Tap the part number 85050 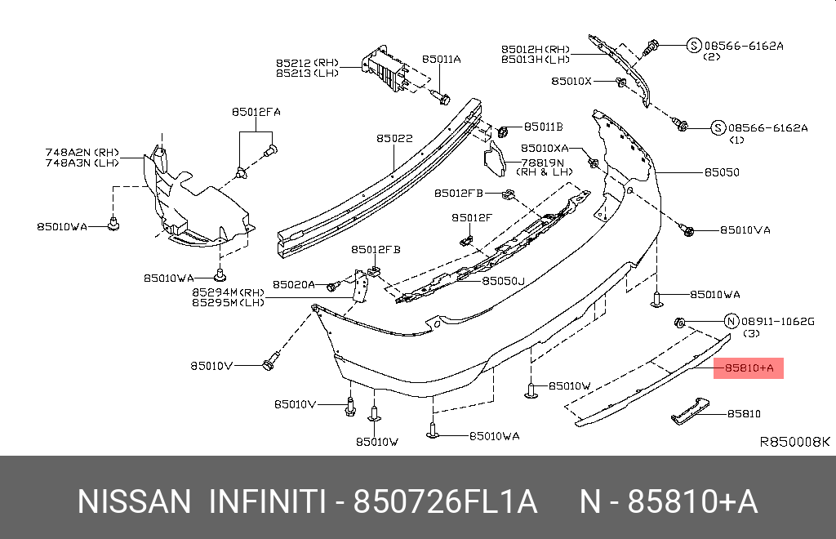722,172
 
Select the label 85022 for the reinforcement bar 394,139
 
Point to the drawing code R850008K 794,442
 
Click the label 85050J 503,280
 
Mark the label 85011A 442,59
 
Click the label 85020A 294,284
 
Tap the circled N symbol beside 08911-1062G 731,321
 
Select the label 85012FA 256,112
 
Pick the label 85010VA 745,230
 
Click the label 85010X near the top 571,81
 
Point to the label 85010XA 545,148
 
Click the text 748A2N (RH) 82,152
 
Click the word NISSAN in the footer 133,501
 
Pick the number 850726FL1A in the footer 445,501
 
